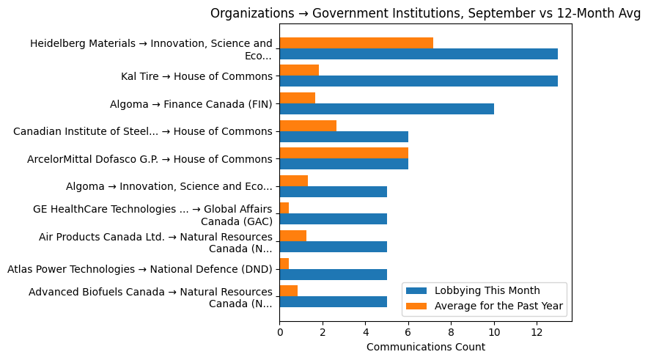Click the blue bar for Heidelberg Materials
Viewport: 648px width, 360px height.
(419, 54)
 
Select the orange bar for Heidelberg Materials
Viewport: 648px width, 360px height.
(356, 43)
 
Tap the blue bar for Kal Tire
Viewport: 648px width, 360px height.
(419, 81)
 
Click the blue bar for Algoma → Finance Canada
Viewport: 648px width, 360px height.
(386, 109)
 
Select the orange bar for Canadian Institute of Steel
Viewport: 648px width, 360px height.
(308, 125)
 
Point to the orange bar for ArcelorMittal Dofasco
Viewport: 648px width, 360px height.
(344, 153)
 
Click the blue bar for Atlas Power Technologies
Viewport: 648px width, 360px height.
(333, 274)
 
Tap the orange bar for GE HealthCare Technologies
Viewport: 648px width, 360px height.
(284, 208)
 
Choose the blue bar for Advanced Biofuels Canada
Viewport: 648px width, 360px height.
(333, 302)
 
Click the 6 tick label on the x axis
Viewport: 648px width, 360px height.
(408, 332)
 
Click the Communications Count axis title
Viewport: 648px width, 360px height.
(425, 347)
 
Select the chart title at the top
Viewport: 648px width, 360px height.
(425, 13)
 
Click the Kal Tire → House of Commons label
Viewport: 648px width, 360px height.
(196, 76)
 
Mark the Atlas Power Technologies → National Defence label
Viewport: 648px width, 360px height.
(139, 269)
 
